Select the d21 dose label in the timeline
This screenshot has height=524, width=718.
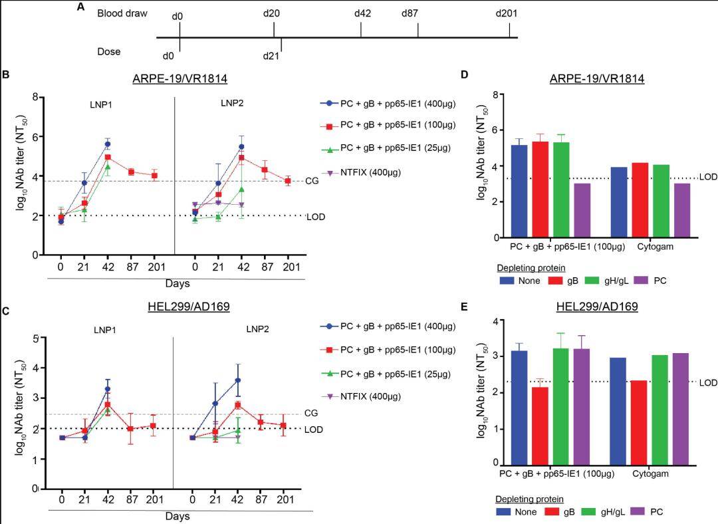pyautogui.click(x=271, y=55)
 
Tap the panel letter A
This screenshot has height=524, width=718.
pyautogui.click(x=80, y=7)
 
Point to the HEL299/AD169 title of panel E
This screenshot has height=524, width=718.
pyautogui.click(x=596, y=307)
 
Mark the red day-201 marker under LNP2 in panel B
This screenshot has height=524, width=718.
pyautogui.click(x=288, y=181)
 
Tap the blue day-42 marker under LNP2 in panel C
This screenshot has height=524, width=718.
pyautogui.click(x=237, y=380)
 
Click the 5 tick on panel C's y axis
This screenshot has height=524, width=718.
pyautogui.click(x=35, y=338)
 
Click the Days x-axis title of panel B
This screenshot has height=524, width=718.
pyautogui.click(x=178, y=283)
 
